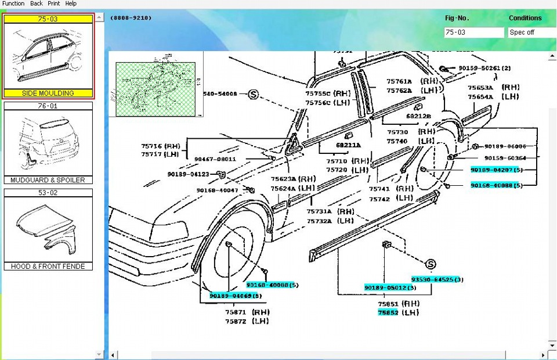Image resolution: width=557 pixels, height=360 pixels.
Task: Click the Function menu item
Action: pos(13,3)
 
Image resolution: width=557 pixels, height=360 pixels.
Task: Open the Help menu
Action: pos(71,3)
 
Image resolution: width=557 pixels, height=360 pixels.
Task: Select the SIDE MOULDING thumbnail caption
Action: pos(48,93)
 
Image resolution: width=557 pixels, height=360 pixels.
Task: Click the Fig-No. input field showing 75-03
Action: pos(473,33)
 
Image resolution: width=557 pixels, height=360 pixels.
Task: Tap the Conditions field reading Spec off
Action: pos(531,33)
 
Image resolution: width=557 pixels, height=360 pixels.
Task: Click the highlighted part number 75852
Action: pos(388,313)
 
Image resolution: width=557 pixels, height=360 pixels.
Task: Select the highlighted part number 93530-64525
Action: pos(434,279)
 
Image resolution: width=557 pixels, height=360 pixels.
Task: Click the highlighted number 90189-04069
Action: pos(232,296)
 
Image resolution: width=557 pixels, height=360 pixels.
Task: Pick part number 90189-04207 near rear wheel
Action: pos(492,170)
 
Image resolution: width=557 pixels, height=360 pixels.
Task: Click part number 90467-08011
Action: pos(215,159)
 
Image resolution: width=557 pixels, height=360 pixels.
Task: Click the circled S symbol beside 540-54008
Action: pos(253,94)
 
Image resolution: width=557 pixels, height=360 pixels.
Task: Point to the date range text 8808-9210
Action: pos(132,18)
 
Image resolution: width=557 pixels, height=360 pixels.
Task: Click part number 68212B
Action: pos(418,116)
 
